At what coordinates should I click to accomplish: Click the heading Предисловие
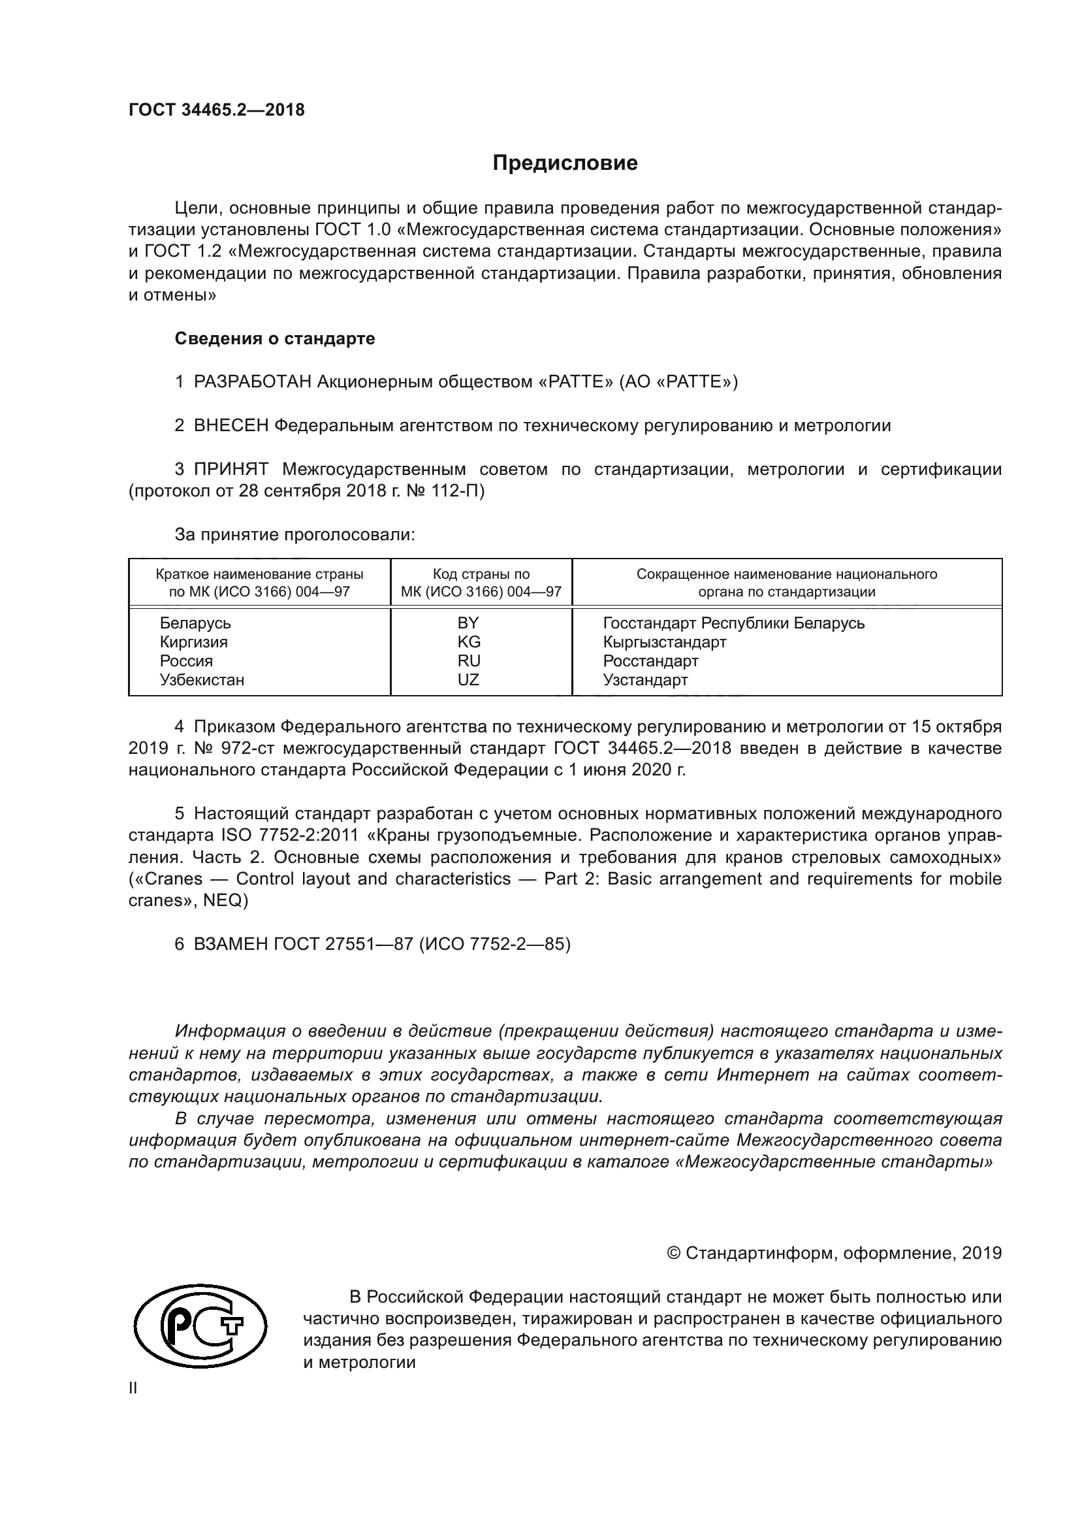pos(565,163)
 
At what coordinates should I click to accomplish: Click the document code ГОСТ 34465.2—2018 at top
pos(217,110)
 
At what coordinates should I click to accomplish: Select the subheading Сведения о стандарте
pos(275,339)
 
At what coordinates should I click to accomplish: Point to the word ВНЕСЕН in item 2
pos(230,426)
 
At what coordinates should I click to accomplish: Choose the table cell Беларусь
pos(195,623)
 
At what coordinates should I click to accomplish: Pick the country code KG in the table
pos(469,642)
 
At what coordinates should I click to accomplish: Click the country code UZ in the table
pos(468,679)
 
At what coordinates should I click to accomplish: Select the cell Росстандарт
pos(650,661)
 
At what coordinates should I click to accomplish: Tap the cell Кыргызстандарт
pos(664,642)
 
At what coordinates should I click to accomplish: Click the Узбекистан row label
pos(202,679)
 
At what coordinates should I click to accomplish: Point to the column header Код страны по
pos(481,574)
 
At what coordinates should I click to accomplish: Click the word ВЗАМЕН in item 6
pos(230,945)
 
